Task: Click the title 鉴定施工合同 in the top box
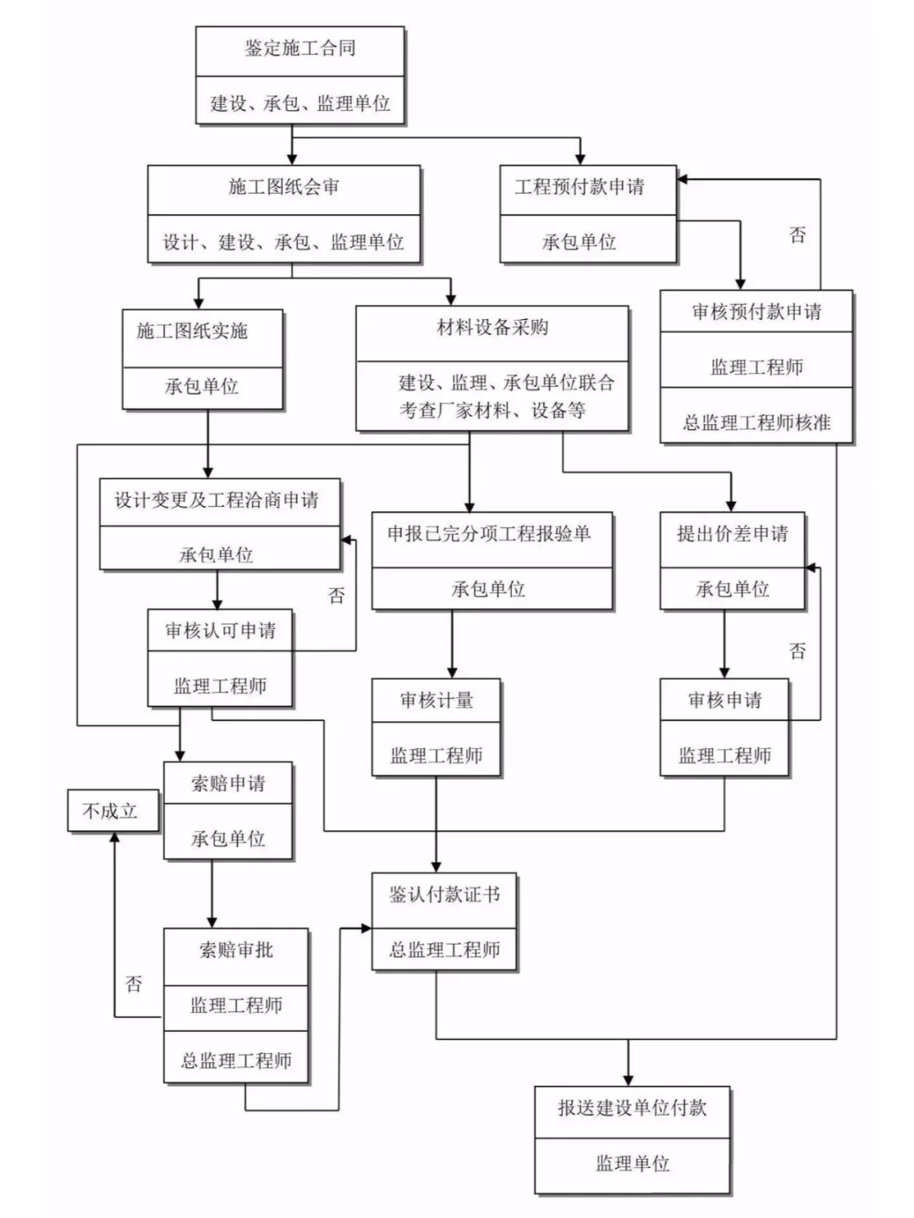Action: [x=300, y=48]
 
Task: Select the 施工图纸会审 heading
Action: [x=284, y=187]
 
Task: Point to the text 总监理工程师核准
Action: [x=756, y=422]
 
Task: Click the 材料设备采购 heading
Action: [x=492, y=328]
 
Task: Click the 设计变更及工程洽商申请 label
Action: [x=217, y=500]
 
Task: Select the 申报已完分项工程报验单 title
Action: [x=488, y=534]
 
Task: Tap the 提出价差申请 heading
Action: [x=732, y=534]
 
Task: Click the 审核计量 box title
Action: [x=436, y=701]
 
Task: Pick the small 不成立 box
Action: [x=110, y=811]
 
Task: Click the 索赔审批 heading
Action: [x=235, y=951]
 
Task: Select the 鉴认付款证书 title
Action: [x=444, y=895]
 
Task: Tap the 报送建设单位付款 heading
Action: [x=631, y=1108]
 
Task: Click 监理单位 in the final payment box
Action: [x=631, y=1164]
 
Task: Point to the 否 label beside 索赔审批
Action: [x=134, y=984]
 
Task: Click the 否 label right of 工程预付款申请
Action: [x=797, y=234]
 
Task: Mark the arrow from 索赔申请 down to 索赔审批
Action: [x=212, y=895]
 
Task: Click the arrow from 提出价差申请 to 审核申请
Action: [x=724, y=644]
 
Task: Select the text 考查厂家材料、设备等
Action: [x=492, y=411]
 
